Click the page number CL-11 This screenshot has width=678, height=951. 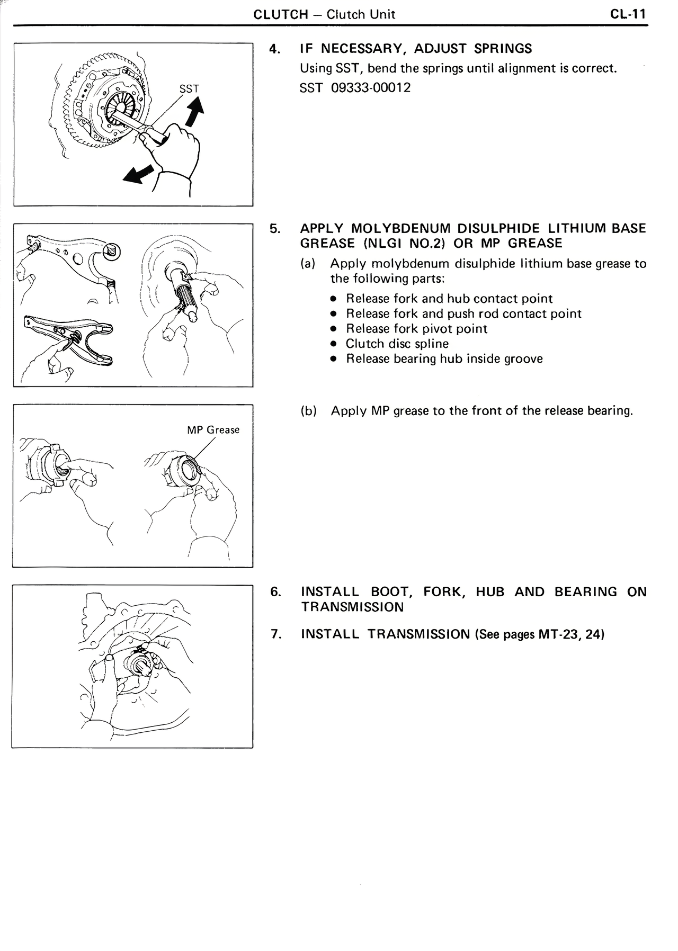(x=628, y=14)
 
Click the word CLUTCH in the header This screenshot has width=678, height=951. (x=281, y=14)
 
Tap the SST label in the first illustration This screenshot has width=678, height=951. (x=189, y=89)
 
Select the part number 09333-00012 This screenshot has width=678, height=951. (x=371, y=87)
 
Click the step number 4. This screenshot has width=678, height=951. (x=274, y=49)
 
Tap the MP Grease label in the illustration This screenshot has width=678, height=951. (x=213, y=429)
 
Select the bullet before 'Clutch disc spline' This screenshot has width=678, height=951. (x=333, y=344)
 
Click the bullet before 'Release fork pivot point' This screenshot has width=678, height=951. (x=333, y=329)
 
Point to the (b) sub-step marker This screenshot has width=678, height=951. (x=308, y=411)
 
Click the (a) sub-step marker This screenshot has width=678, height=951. (x=308, y=264)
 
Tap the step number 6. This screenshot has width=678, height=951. (x=275, y=591)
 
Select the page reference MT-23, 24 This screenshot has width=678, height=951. (x=571, y=634)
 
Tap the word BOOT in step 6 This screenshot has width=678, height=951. (x=390, y=591)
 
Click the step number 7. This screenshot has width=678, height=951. (x=275, y=634)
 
